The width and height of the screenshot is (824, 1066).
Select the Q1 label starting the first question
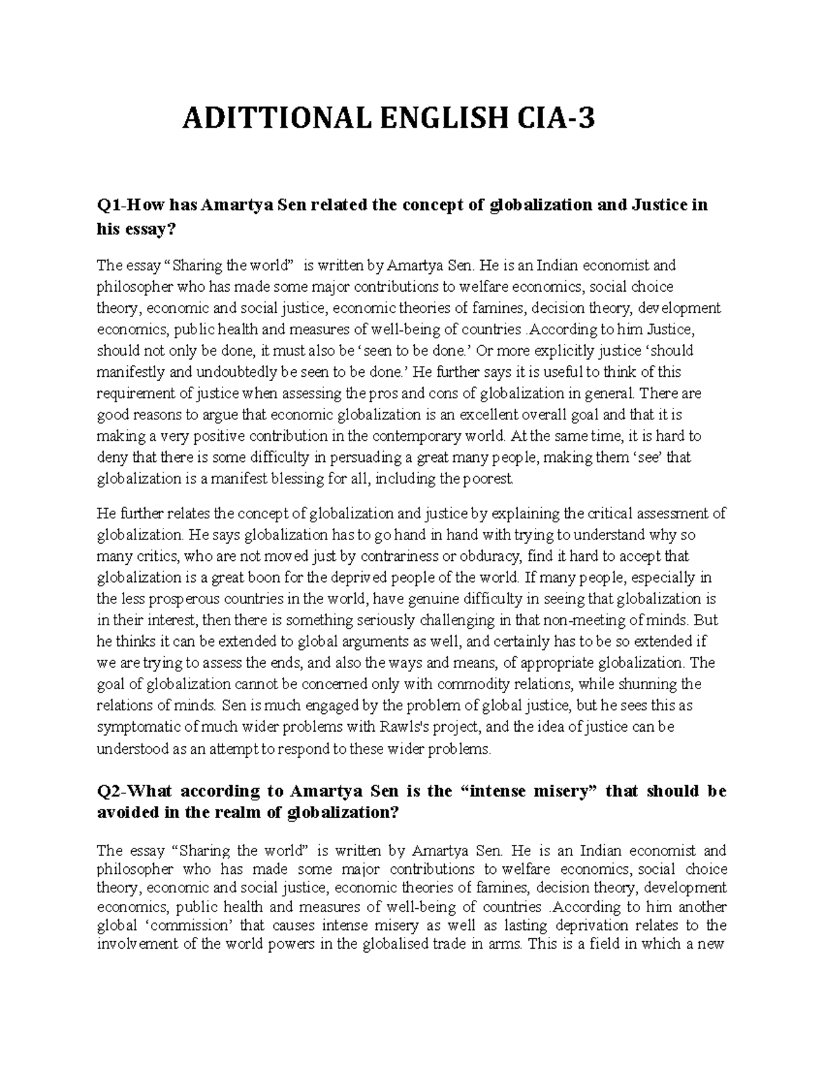point(111,205)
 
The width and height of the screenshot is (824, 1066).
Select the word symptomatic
point(139,727)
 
